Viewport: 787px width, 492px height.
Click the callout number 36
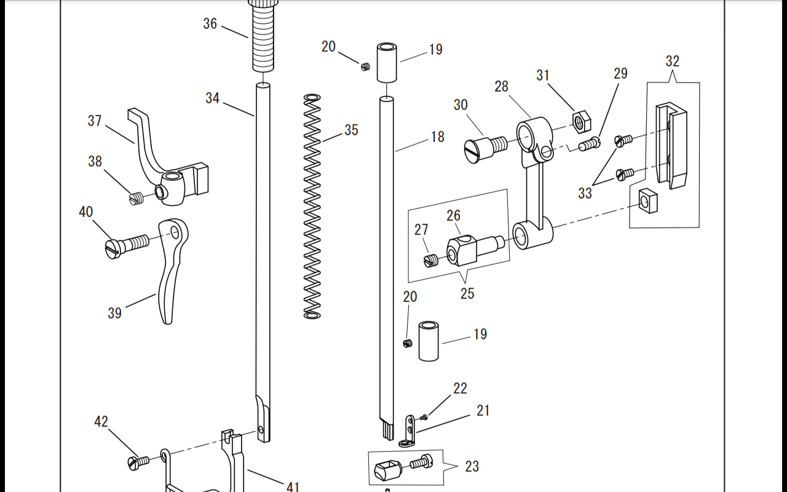[210, 24]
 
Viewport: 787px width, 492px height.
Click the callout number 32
[673, 61]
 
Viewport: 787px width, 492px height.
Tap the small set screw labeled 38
[136, 198]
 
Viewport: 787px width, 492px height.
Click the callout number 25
[467, 293]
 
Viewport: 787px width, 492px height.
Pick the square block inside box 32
[645, 200]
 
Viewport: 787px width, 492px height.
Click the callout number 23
[472, 466]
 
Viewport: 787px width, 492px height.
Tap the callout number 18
[437, 137]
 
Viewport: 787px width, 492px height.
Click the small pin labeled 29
[590, 145]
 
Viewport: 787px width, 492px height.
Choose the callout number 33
[585, 193]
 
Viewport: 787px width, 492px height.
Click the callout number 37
[95, 121]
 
